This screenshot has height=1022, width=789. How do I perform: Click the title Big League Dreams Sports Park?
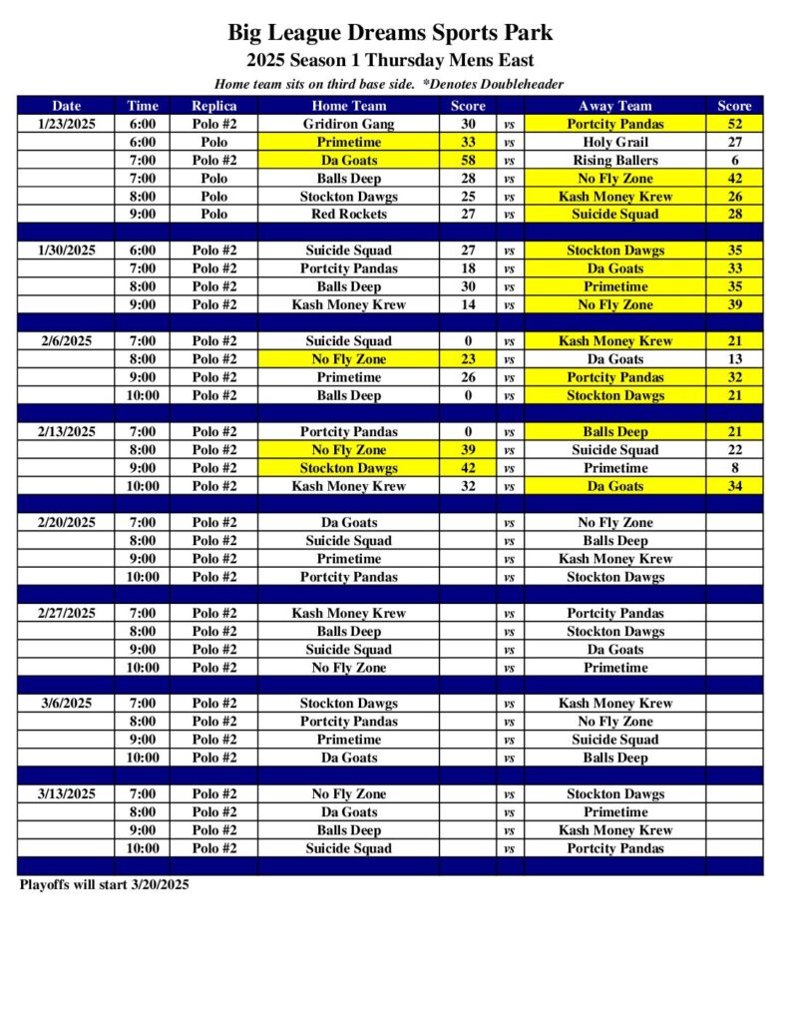[390, 33]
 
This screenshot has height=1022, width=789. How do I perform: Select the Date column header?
[67, 106]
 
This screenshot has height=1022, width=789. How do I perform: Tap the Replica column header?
[213, 106]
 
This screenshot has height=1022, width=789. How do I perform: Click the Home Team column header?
[348, 106]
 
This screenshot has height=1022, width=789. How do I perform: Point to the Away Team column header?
[614, 106]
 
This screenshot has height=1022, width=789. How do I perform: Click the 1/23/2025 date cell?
[67, 124]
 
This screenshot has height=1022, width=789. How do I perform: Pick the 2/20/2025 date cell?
[67, 522]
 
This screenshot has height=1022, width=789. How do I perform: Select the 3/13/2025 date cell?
[67, 793]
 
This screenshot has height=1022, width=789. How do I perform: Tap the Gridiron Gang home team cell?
[348, 124]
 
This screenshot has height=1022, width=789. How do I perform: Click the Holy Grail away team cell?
[614, 142]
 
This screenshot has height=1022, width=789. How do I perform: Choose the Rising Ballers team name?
[614, 160]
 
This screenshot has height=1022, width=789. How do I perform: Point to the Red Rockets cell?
[348, 214]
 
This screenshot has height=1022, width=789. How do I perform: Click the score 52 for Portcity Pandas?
[734, 124]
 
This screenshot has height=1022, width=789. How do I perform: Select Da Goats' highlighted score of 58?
[468, 160]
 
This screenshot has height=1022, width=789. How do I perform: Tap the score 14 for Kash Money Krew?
[468, 304]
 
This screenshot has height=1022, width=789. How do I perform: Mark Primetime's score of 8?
[734, 468]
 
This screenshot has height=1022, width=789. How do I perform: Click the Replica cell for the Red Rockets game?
[213, 214]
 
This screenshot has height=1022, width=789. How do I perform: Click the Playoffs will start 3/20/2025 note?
[104, 884]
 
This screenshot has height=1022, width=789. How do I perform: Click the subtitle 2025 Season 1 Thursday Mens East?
[390, 60]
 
